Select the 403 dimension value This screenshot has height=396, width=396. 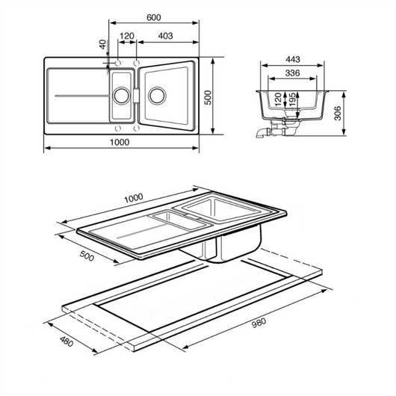[166, 36]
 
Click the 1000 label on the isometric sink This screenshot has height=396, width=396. [133, 198]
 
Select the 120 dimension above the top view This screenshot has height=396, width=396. [126, 36]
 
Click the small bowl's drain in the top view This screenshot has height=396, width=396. [119, 95]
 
